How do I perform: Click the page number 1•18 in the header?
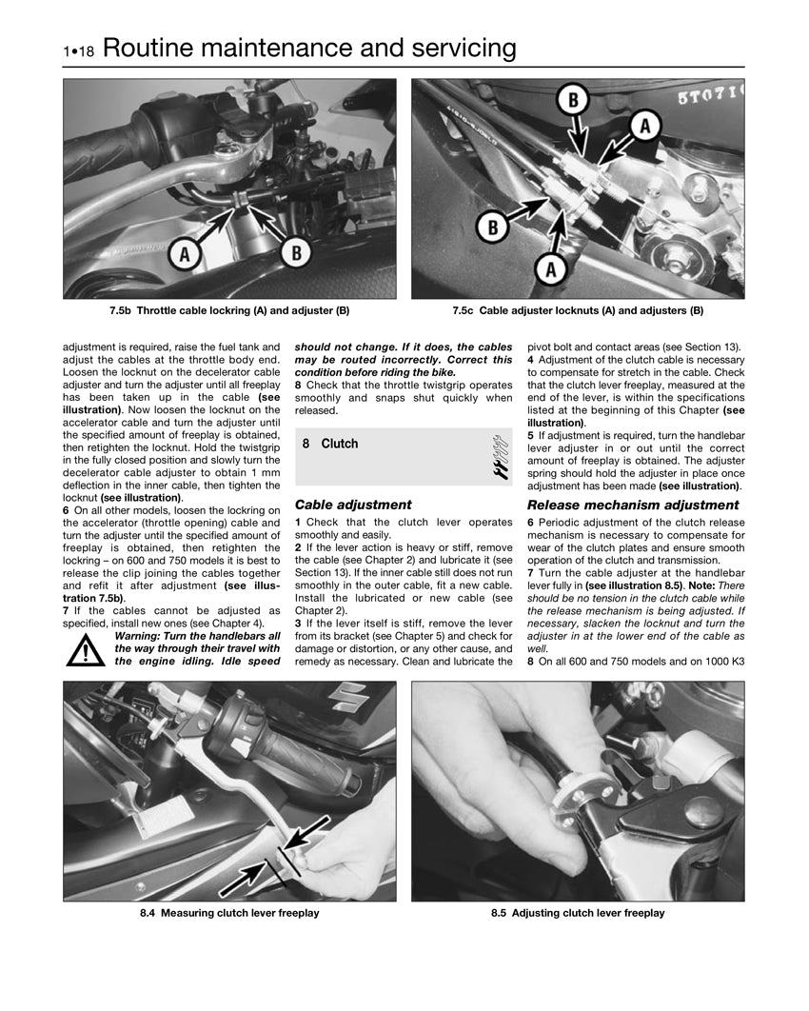pos(79,51)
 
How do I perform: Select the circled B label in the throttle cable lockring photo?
pos(296,252)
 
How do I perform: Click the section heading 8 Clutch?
pos(329,444)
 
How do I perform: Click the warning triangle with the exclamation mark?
pos(86,649)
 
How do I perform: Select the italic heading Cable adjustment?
pos(353,505)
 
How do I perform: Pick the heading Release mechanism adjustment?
pos(632,505)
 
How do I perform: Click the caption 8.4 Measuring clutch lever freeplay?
pos(229,913)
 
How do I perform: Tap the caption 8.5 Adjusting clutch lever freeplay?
pos(578,913)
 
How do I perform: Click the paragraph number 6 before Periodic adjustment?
pos(530,523)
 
